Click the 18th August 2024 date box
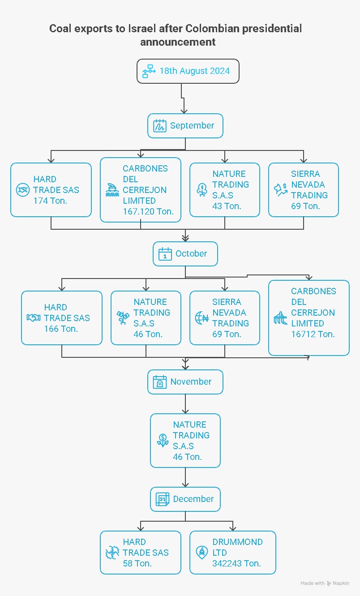pos(188,71)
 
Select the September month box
pos(185,125)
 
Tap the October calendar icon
pos(165,254)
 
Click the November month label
pos(191,382)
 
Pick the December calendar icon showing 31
pos(162,499)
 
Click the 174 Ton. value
pos(50,201)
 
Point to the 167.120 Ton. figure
pos(148,211)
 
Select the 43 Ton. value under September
pos(227,206)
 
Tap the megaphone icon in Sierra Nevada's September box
pos(281,190)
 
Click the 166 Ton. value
pos(61,329)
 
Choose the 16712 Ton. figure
pos(313,334)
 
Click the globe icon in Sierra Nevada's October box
pos(202,317)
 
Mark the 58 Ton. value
pos(137,563)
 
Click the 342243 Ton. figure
pos(236,563)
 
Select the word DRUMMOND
pos(237,542)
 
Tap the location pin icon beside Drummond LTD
pos(201,553)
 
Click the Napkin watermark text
pos(341,583)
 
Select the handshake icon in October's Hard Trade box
pos(34,317)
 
